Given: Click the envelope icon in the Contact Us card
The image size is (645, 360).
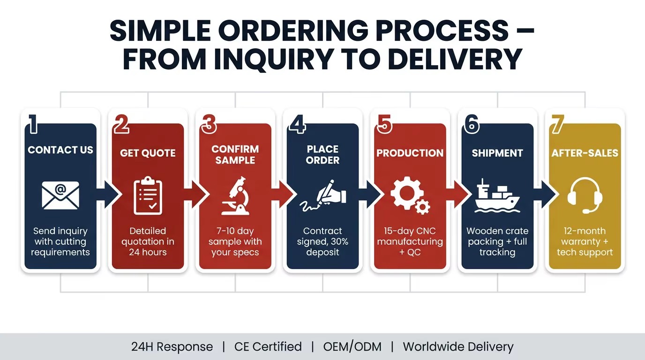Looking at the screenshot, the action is point(60,195).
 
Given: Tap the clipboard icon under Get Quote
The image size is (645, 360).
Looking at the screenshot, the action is point(148,196).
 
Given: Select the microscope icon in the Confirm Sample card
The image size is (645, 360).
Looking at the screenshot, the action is point(235,196).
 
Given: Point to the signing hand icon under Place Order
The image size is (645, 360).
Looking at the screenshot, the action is point(322,196).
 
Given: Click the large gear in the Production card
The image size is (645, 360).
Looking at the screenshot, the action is point(407,192).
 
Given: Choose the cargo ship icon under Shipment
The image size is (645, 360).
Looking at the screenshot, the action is point(497,196).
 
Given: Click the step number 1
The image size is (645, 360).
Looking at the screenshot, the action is point(33,124).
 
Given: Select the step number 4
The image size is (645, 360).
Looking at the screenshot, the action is point(298,124).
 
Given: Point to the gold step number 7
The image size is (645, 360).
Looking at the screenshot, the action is point(558,124).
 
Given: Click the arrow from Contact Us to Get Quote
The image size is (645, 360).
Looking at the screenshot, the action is point(108,195).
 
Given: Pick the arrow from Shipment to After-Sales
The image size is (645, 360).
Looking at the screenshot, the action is point(545,195).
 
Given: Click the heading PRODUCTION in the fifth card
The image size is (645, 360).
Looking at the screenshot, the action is point(410,153).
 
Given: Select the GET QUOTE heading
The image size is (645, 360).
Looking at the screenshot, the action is point(148,153).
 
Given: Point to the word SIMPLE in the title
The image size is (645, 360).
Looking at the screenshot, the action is point(160,30).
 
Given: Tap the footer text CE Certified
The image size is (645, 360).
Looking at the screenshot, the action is point(268,347).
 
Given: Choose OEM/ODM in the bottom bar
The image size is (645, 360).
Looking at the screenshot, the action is point(352,347).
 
